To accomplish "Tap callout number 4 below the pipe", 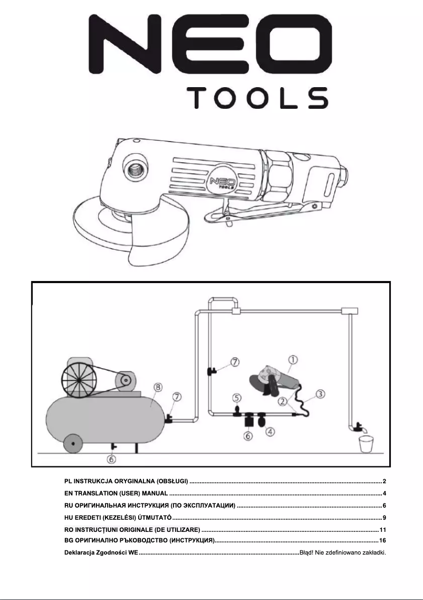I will point(271,432).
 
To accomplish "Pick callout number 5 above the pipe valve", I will point(237,398).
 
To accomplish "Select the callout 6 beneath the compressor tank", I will point(111,458).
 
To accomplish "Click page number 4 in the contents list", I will point(385,493).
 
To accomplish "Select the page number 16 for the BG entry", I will point(383,540).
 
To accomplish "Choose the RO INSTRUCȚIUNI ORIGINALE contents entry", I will point(131,529).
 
